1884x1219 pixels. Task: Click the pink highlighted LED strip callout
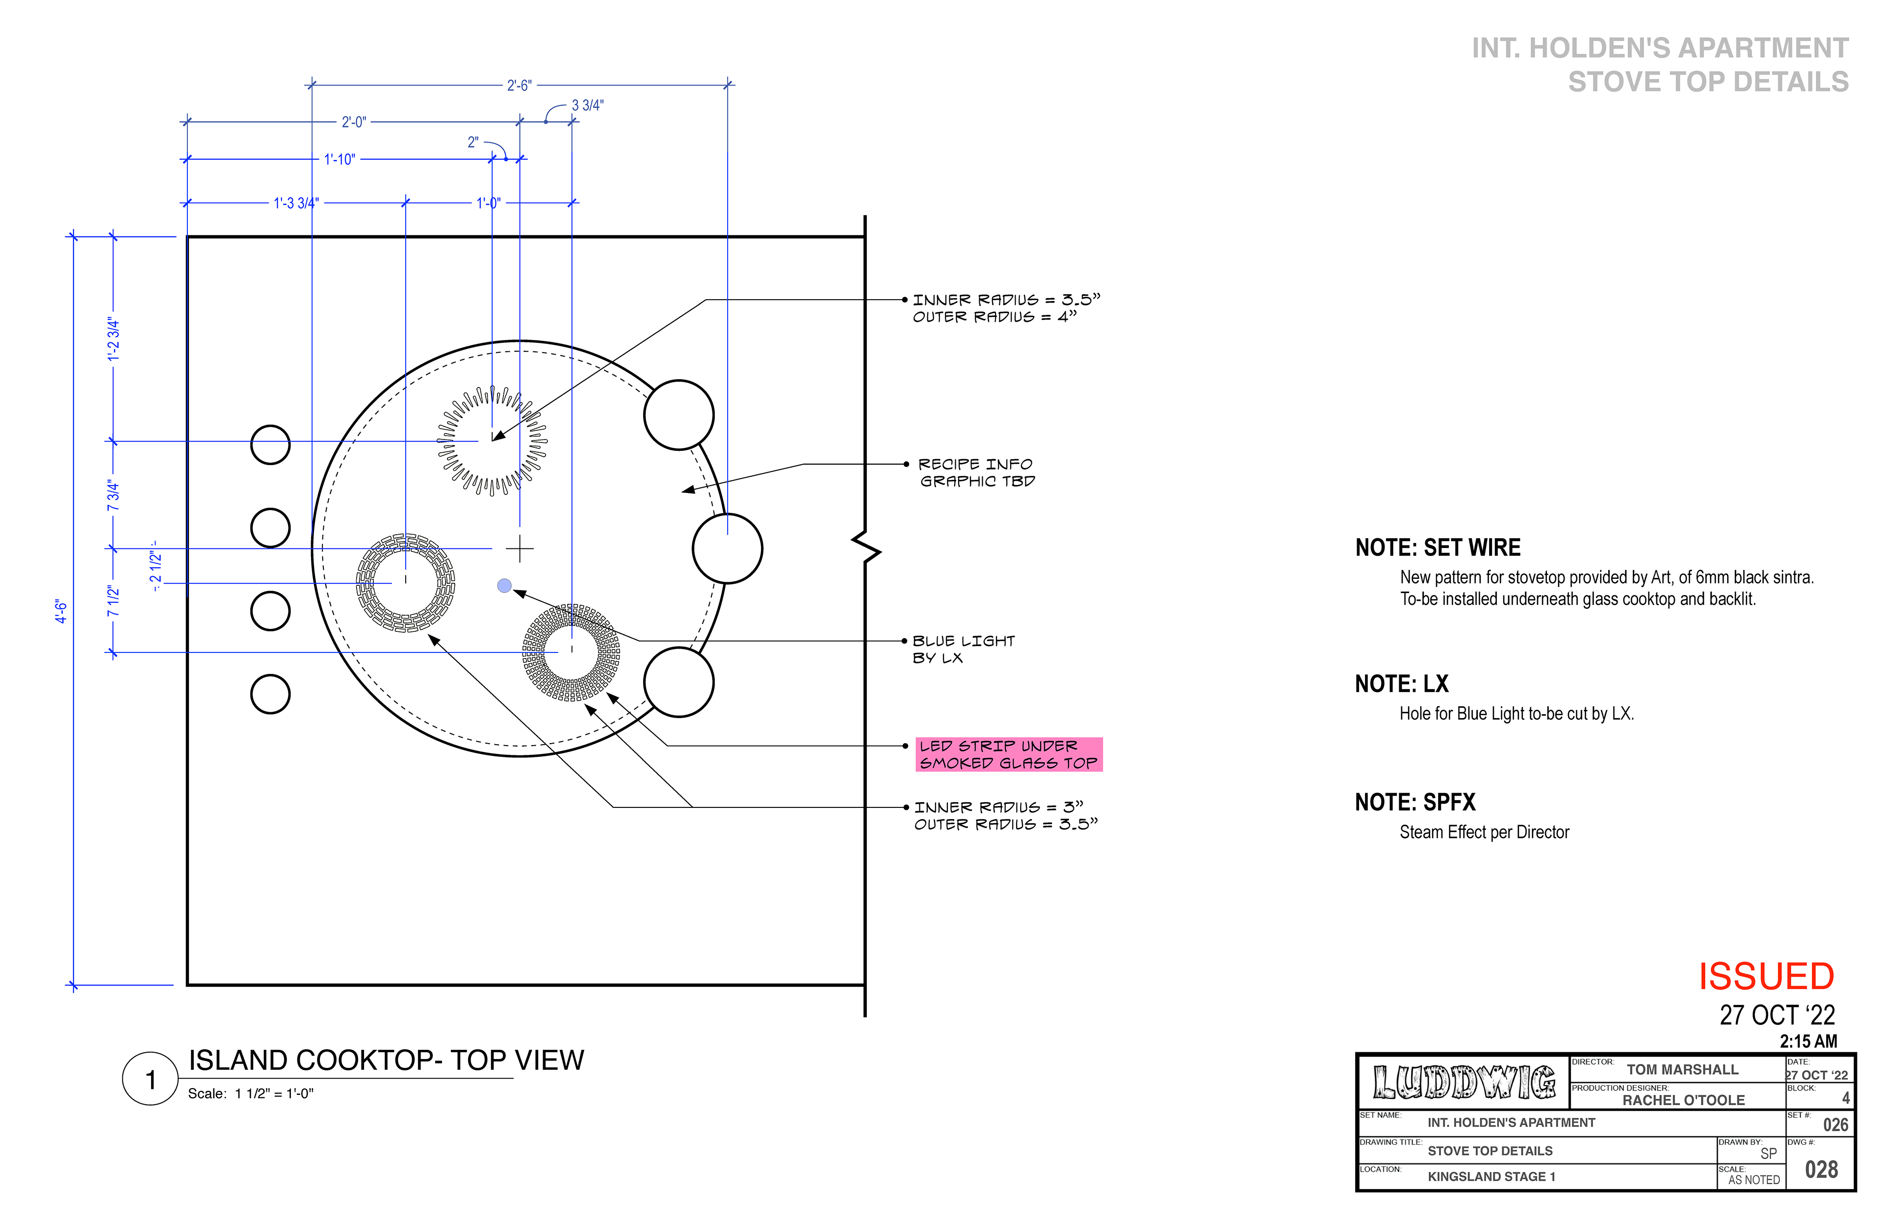pyautogui.click(x=1009, y=754)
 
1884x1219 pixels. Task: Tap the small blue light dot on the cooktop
pyautogui.click(x=504, y=586)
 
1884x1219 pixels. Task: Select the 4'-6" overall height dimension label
pyautogui.click(x=61, y=611)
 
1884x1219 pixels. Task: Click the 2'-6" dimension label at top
pyautogui.click(x=519, y=85)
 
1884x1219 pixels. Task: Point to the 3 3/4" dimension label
pyautogui.click(x=587, y=105)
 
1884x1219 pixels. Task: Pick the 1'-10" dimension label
pyautogui.click(x=340, y=159)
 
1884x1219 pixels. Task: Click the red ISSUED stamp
pyautogui.click(x=1766, y=977)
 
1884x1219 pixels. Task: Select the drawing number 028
pyautogui.click(x=1822, y=1170)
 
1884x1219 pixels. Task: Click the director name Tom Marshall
pyautogui.click(x=1682, y=1069)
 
